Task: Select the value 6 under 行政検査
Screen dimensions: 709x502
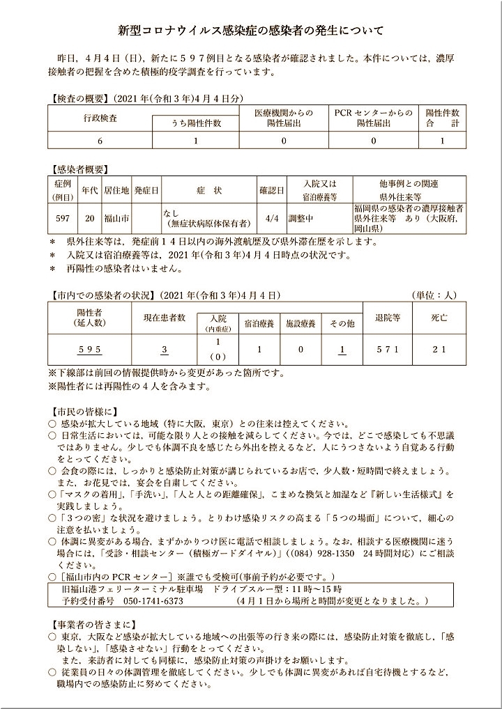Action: click(x=100, y=140)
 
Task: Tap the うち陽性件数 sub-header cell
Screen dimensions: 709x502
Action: click(x=196, y=123)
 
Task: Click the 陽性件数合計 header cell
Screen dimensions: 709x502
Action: click(x=442, y=117)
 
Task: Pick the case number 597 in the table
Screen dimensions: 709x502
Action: click(x=62, y=218)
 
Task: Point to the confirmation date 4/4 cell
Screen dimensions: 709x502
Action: click(x=272, y=218)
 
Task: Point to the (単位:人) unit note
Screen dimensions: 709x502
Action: click(x=436, y=295)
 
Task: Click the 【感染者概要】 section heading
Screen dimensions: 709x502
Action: click(x=79, y=169)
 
